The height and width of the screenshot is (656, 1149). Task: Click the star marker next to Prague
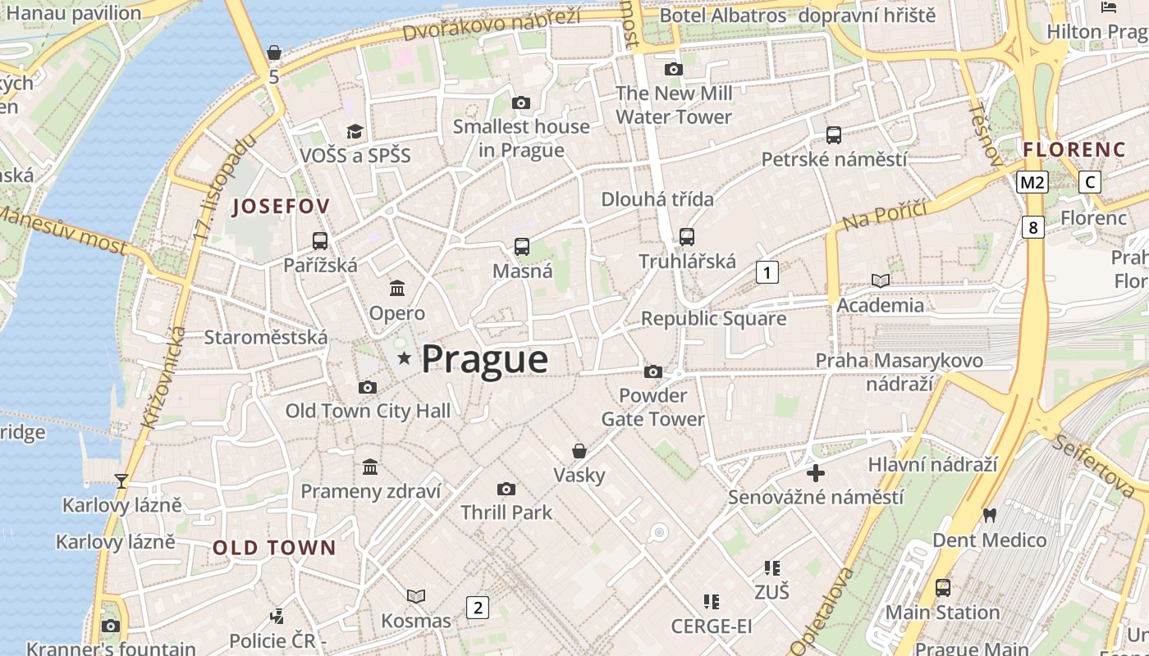[404, 358]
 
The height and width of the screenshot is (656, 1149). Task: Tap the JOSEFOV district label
[281, 207]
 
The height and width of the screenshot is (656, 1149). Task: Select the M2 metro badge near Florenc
[1032, 182]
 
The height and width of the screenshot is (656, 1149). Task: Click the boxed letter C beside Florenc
[1089, 182]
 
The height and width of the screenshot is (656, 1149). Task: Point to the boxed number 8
[1032, 227]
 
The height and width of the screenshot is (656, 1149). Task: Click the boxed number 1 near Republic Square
[767, 272]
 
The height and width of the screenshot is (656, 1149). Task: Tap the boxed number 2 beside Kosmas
[477, 608]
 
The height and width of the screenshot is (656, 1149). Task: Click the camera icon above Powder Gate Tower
[653, 371]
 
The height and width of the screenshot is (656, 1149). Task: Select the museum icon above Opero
[397, 288]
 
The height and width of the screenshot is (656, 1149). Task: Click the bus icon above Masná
[522, 246]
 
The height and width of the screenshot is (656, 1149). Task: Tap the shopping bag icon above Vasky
[579, 451]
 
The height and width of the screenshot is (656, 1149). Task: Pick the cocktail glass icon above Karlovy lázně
[121, 481]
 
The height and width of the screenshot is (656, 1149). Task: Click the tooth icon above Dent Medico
[989, 515]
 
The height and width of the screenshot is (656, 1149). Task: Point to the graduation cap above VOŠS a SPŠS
[355, 131]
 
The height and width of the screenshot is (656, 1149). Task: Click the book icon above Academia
[881, 280]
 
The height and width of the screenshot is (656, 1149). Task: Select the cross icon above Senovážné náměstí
[816, 473]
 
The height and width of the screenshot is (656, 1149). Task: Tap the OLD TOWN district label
[274, 548]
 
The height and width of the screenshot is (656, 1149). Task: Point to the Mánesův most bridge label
[62, 231]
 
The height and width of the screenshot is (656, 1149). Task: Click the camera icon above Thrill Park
[506, 489]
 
